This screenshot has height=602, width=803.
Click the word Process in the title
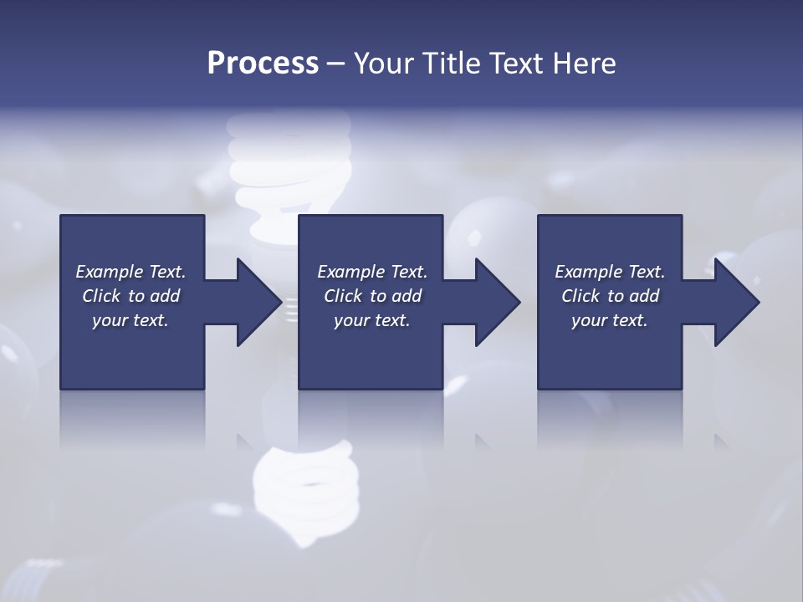263,64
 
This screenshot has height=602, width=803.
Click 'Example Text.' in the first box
130,272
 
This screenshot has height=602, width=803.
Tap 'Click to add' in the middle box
372,296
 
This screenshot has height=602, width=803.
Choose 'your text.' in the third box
609,320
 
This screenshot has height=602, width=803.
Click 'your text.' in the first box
130,320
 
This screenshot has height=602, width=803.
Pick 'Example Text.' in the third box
610,272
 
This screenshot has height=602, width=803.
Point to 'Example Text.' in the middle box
372,272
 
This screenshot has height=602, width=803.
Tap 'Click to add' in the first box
130,296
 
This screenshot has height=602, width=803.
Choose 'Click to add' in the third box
610,296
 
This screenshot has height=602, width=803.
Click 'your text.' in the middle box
372,320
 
